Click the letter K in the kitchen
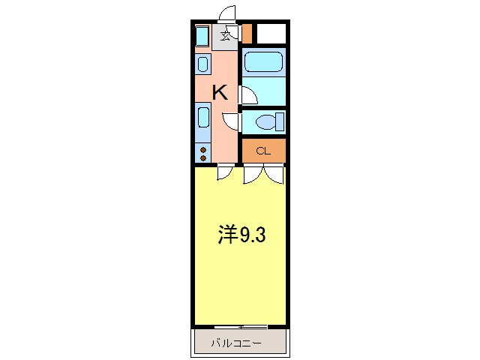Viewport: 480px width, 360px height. (220, 93)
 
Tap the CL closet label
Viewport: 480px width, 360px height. (262, 151)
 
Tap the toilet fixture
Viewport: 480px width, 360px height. (267, 121)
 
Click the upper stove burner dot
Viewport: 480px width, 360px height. (203, 149)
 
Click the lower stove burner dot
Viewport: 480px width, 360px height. (203, 157)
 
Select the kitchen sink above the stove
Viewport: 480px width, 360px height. (203, 118)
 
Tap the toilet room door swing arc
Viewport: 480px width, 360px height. (232, 121)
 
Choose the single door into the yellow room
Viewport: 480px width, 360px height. (223, 172)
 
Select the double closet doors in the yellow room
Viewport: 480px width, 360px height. (263, 174)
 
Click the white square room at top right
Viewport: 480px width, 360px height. (271, 34)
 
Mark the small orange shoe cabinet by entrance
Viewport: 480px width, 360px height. (247, 34)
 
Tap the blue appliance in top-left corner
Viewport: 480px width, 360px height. (202, 35)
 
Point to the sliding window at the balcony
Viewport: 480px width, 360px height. (241, 327)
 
